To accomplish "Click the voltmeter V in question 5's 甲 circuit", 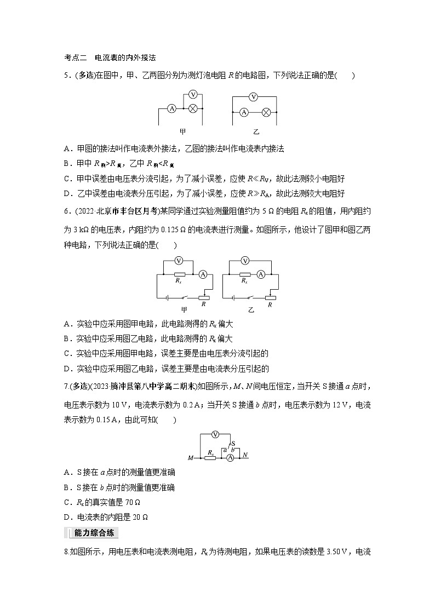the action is (193, 94).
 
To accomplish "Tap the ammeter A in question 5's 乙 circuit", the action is (244, 112).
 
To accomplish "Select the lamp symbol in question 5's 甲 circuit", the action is (193, 108).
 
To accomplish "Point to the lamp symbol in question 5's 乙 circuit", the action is (266, 112).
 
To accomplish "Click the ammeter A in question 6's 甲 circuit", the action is (202, 274).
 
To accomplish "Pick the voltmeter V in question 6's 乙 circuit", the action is (246, 260).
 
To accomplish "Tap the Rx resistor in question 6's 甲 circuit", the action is (179, 274).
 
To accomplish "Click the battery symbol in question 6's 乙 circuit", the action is (234, 298).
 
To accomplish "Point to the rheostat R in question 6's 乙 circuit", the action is (270, 298).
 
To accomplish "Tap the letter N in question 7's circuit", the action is (245, 455).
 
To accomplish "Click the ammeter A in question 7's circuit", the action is (230, 456).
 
